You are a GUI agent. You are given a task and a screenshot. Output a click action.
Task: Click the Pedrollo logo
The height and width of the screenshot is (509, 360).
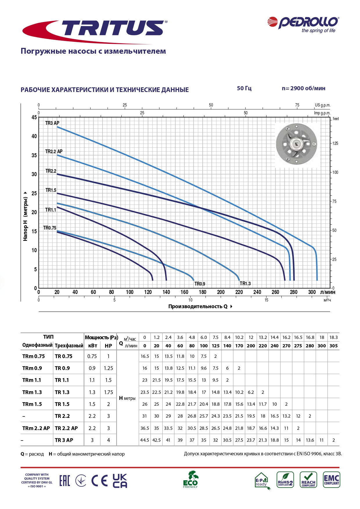coord(303,25)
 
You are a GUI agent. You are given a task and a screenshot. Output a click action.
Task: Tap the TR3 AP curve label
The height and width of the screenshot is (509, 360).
coord(52,123)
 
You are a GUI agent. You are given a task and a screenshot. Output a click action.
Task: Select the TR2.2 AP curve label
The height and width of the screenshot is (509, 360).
coord(54,151)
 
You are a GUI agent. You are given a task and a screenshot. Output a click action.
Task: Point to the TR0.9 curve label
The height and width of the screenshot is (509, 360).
coord(200,284)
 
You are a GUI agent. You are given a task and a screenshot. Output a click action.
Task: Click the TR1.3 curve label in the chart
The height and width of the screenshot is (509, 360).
coord(245,284)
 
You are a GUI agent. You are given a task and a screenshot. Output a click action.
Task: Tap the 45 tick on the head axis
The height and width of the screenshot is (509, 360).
coord(34,117)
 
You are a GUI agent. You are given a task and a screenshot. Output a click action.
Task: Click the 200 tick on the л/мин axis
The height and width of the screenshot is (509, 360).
coord(221,292)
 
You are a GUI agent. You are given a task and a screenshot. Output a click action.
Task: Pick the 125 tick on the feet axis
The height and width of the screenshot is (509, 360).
coord(335,143)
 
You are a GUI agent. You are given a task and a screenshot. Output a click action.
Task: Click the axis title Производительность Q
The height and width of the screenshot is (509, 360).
coord(198,306)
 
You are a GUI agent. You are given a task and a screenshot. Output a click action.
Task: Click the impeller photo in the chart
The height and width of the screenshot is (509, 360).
coord(296,144)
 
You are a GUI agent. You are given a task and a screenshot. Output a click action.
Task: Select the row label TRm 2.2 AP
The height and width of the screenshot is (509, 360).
coord(36,428)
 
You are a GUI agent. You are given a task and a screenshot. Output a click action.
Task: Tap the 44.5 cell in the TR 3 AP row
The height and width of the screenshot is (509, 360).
coord(145,440)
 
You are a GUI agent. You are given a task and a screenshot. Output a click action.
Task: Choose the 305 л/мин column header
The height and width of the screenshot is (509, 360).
coord(334,346)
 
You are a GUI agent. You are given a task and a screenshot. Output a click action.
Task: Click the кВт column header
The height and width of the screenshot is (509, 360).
coord(93,346)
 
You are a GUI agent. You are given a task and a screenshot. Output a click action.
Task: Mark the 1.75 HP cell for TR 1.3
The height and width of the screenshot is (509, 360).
coord(109,392)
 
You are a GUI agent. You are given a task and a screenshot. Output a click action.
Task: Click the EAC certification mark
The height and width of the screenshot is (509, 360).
coord(64,481)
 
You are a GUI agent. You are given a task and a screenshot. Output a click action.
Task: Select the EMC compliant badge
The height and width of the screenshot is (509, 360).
coord(331,480)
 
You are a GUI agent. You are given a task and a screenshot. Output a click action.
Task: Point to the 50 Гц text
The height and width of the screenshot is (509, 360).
coord(244,88)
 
